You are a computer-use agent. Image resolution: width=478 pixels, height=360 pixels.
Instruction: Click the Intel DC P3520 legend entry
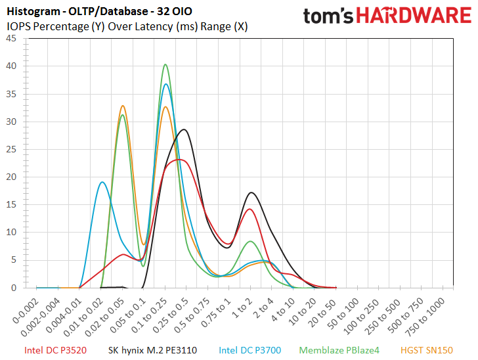tap(55, 350)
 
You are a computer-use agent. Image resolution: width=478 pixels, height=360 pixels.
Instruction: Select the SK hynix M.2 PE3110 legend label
tap(152, 350)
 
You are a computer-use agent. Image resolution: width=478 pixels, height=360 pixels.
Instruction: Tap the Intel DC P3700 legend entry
tap(250, 350)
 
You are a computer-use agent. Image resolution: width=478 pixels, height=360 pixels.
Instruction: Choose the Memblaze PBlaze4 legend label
tap(339, 350)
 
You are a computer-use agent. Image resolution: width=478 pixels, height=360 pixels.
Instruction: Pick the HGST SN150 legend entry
tap(427, 350)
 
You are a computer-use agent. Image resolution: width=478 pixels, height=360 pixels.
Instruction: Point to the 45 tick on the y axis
tap(11, 39)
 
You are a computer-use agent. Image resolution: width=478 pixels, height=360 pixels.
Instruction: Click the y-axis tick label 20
tap(11, 177)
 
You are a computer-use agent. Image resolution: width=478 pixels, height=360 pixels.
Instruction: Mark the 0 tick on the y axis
tap(14, 288)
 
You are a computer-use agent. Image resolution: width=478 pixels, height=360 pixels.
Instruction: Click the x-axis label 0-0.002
tap(26, 311)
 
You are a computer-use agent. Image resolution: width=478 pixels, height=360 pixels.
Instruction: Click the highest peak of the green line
tap(165, 64)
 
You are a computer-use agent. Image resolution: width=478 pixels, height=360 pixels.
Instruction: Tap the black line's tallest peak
tap(184, 129)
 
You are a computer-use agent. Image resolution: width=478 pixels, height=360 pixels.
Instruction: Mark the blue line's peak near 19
tap(102, 182)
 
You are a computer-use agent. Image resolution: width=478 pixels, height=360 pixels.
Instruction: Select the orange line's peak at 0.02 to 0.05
tap(123, 106)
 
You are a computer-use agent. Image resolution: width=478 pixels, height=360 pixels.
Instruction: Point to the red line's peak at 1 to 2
tap(250, 209)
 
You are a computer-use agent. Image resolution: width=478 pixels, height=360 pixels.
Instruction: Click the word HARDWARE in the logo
tap(414, 15)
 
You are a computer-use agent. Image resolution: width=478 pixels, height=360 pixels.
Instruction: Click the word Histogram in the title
tap(33, 12)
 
